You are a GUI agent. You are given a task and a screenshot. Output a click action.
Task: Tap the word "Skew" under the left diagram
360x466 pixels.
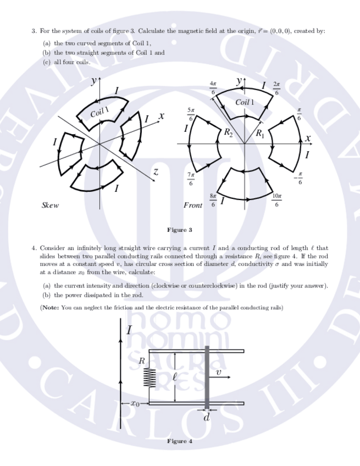pyautogui.click(x=50, y=206)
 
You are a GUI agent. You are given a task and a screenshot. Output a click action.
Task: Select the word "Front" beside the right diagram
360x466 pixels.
pyautogui.click(x=192, y=206)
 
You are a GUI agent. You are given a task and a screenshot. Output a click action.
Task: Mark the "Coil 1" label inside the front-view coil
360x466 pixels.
pyautogui.click(x=245, y=102)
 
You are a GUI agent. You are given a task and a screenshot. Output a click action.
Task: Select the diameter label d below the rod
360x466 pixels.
pyautogui.click(x=207, y=419)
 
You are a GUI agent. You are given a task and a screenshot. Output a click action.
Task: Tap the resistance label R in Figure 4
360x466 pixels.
pyautogui.click(x=141, y=361)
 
